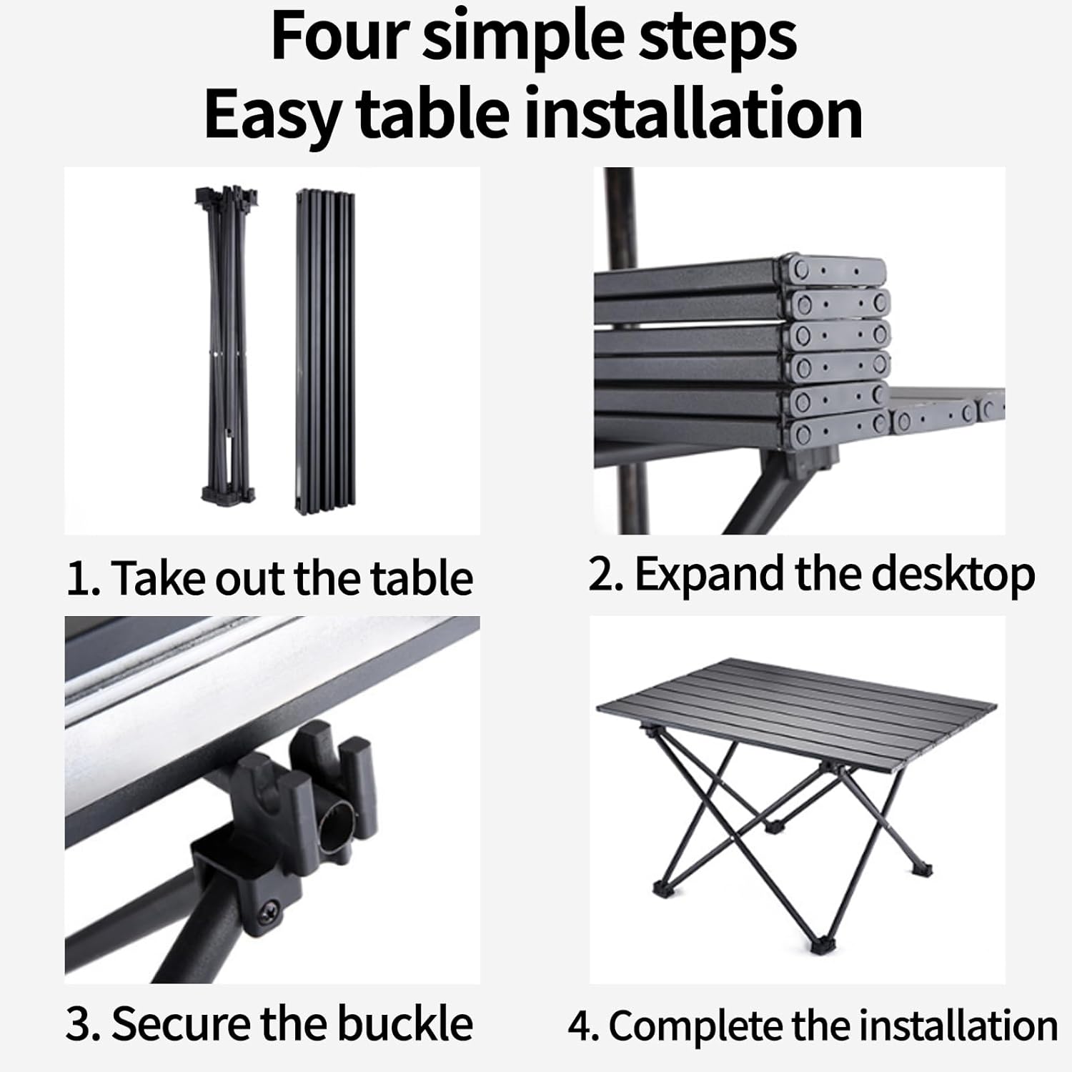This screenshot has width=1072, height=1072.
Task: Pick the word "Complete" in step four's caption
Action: (695, 1026)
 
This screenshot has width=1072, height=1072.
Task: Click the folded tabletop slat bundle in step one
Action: (325, 350)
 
